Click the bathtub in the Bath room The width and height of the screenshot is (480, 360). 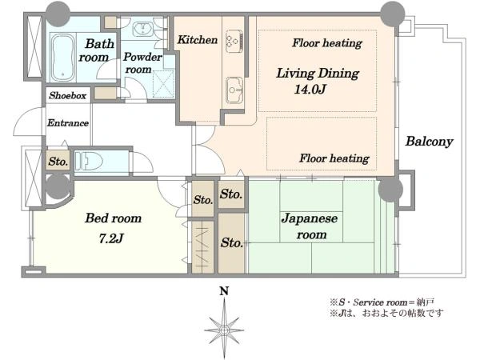(63, 57)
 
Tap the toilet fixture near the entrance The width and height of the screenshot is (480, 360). (89, 161)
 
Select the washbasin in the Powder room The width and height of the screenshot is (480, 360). (142, 29)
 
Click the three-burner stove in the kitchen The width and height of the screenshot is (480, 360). (234, 42)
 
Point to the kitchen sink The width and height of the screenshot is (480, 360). (234, 90)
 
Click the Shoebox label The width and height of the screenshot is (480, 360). (68, 95)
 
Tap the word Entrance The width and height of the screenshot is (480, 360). (68, 123)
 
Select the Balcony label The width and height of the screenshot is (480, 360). (429, 142)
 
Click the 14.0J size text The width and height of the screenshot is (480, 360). (310, 89)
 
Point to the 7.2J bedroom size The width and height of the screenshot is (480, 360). (111, 238)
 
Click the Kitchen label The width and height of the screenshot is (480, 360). (198, 39)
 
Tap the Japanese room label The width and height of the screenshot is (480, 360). (310, 226)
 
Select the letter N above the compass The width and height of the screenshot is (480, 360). (224, 291)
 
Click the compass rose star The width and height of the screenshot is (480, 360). (224, 330)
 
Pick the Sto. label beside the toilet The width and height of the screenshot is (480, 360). (58, 162)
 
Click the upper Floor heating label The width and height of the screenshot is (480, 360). (327, 43)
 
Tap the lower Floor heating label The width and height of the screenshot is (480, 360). (334, 158)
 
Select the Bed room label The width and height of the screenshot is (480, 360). (114, 218)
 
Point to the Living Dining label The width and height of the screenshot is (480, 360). (318, 74)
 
